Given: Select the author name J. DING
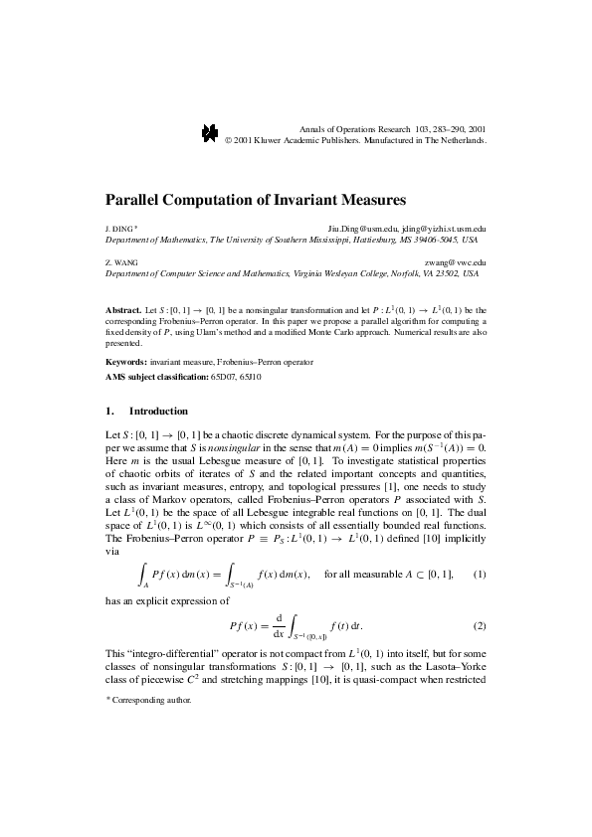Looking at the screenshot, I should click(x=118, y=229).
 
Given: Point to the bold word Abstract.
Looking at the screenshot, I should click(x=123, y=310).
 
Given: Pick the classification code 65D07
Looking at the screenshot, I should click(x=223, y=378).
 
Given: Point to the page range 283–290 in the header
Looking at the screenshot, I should click(x=444, y=129).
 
